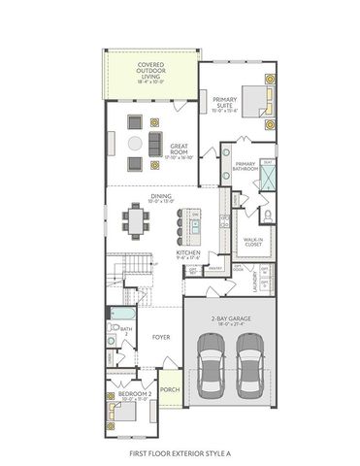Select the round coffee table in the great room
[134, 143]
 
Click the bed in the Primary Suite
[253, 100]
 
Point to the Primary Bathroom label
[245, 167]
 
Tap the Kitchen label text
[188, 254]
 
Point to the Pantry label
[216, 267]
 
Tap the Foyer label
[161, 337]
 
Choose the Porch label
[169, 390]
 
